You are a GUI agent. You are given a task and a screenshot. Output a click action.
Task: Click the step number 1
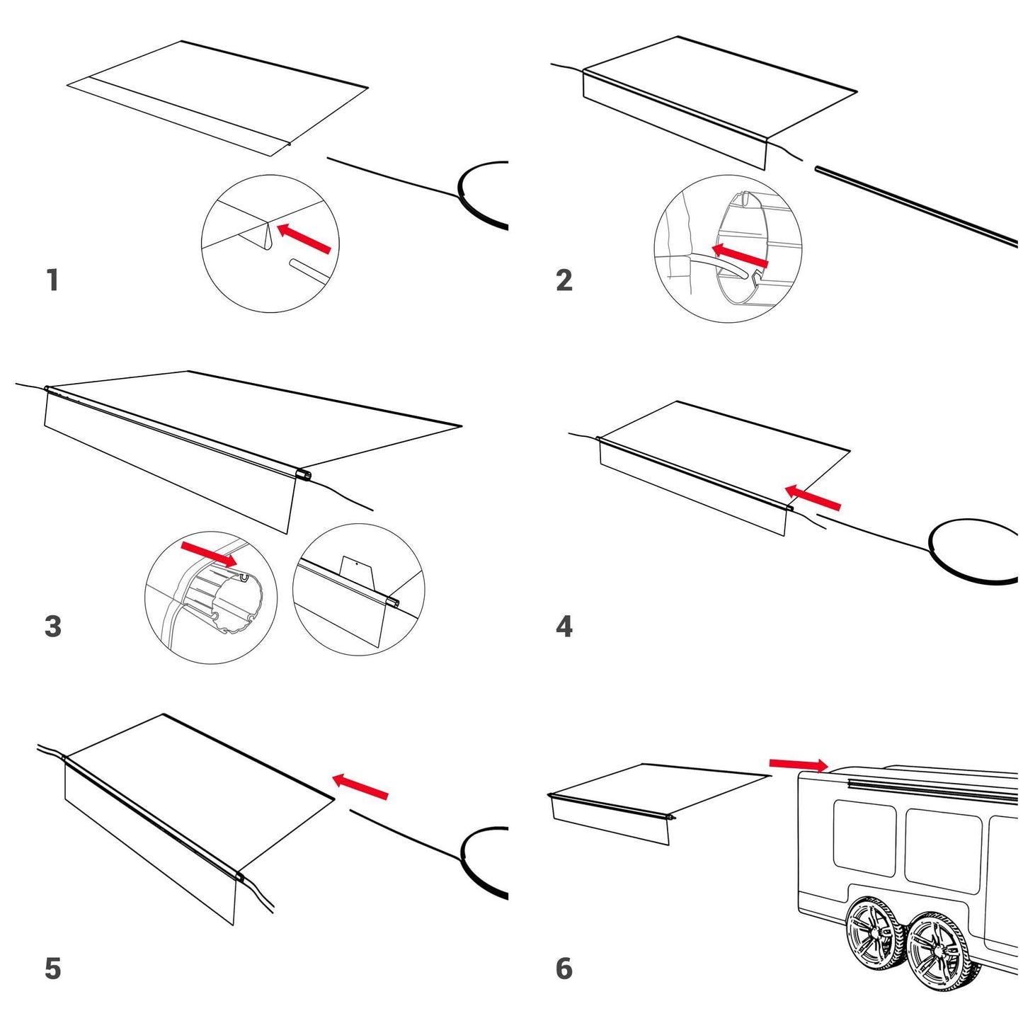click(52, 280)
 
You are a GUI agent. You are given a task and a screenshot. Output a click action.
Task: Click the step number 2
click(564, 280)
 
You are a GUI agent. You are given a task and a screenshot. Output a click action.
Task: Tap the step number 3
click(53, 627)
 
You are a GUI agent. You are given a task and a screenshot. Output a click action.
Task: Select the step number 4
click(564, 627)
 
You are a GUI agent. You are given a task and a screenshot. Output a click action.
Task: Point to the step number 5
click(53, 968)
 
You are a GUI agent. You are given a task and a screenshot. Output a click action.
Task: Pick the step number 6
click(564, 968)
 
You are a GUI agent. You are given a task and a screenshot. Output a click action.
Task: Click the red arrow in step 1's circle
click(304, 239)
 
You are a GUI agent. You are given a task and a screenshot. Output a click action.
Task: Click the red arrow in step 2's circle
click(739, 256)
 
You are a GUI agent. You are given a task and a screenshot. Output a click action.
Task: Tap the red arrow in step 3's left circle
click(209, 554)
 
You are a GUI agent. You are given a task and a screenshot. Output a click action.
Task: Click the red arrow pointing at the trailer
click(799, 764)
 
